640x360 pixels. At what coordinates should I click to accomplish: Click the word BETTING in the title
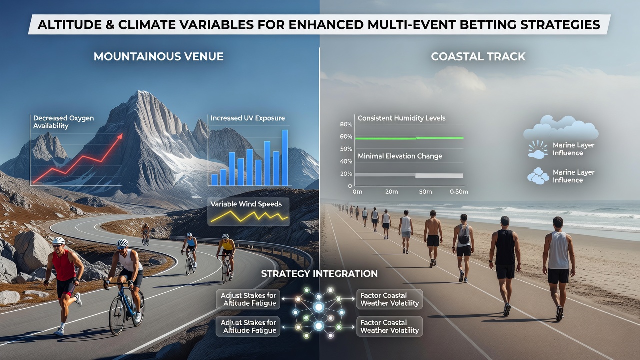coord(487,25)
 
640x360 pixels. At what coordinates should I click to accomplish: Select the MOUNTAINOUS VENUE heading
coord(159,56)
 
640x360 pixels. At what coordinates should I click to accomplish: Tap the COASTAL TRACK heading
coord(478,56)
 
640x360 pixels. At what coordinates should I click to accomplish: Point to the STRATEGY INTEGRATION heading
coord(319,273)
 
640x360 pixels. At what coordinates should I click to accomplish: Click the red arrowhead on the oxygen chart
coord(120,136)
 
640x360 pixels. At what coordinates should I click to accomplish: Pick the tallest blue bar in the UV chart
coord(285,158)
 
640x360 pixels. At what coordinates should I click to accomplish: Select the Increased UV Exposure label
coord(248,118)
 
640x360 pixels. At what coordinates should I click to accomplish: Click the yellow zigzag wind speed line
coord(249,217)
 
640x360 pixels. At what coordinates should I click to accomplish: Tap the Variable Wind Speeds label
coord(246,204)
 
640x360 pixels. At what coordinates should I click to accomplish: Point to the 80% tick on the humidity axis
coord(346,124)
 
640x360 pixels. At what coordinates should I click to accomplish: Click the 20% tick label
coord(346,174)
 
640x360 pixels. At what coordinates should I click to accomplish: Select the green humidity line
coord(409,138)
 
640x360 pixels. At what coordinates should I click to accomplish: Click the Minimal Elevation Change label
coord(400,156)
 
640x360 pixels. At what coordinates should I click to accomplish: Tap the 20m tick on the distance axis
coord(391,192)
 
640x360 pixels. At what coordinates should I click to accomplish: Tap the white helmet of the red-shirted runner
coord(59,241)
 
